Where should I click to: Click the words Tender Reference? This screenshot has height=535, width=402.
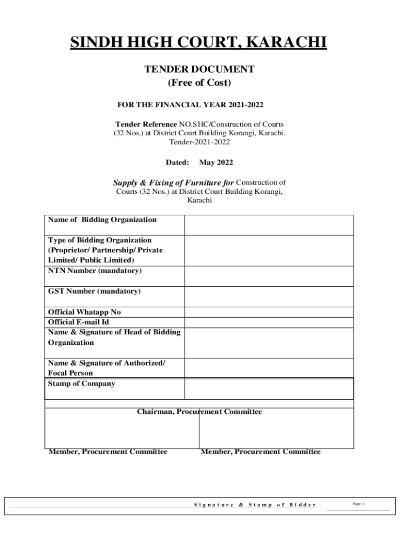[x=146, y=124]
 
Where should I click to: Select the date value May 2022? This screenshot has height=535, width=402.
[x=216, y=162]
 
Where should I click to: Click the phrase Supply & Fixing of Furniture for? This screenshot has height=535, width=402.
[x=173, y=183]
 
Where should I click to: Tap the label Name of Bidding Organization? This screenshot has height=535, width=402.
[x=102, y=219]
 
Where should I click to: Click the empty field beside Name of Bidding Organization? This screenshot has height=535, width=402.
[x=268, y=225]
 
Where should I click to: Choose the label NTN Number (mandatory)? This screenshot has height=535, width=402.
[x=94, y=271]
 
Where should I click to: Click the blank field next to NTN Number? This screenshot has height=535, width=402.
[x=268, y=276]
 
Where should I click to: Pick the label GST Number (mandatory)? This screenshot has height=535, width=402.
[x=94, y=291]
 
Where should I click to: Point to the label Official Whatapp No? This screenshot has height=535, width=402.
[x=84, y=312]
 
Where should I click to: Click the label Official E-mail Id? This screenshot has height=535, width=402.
[x=78, y=322]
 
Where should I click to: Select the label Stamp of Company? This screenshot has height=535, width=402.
[x=81, y=383]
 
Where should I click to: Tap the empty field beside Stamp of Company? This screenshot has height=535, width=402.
[x=268, y=389]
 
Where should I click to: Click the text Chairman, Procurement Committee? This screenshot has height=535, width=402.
[x=199, y=412]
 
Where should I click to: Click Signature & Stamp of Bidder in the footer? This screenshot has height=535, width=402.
[x=255, y=505]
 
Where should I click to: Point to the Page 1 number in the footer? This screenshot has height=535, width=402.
[x=358, y=504]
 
